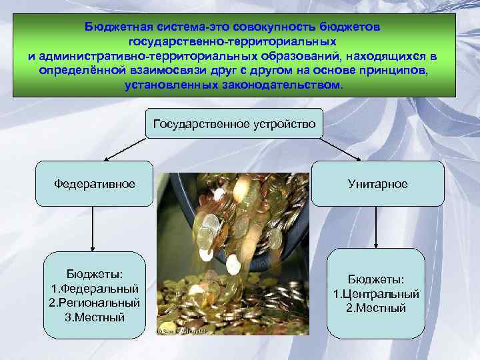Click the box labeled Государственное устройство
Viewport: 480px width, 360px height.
tap(235, 124)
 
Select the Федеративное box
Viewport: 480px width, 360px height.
tap(95, 183)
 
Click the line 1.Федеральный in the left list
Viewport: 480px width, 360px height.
tap(95, 288)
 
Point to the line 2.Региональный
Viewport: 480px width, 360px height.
tap(95, 302)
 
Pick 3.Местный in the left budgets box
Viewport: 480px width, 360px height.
tap(95, 317)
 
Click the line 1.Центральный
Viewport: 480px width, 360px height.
tap(376, 293)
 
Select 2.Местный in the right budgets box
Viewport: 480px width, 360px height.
tap(376, 307)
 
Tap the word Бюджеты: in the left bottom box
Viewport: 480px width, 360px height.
tap(95, 274)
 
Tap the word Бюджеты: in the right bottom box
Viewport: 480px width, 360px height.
tap(376, 279)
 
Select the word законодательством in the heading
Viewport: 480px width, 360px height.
tap(289, 86)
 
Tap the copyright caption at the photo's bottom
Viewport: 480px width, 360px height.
tap(180, 331)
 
